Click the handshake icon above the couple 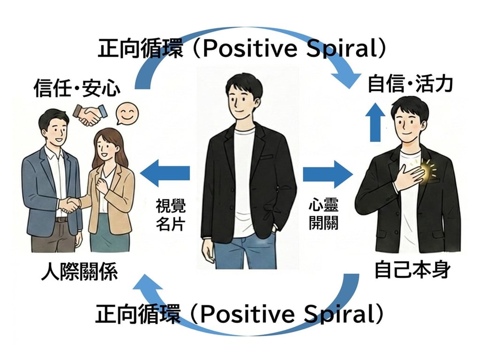click(90, 113)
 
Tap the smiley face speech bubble click(125, 113)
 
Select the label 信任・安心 click(77, 88)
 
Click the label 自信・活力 click(410, 84)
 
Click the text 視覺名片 click(171, 214)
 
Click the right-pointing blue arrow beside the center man click(327, 173)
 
